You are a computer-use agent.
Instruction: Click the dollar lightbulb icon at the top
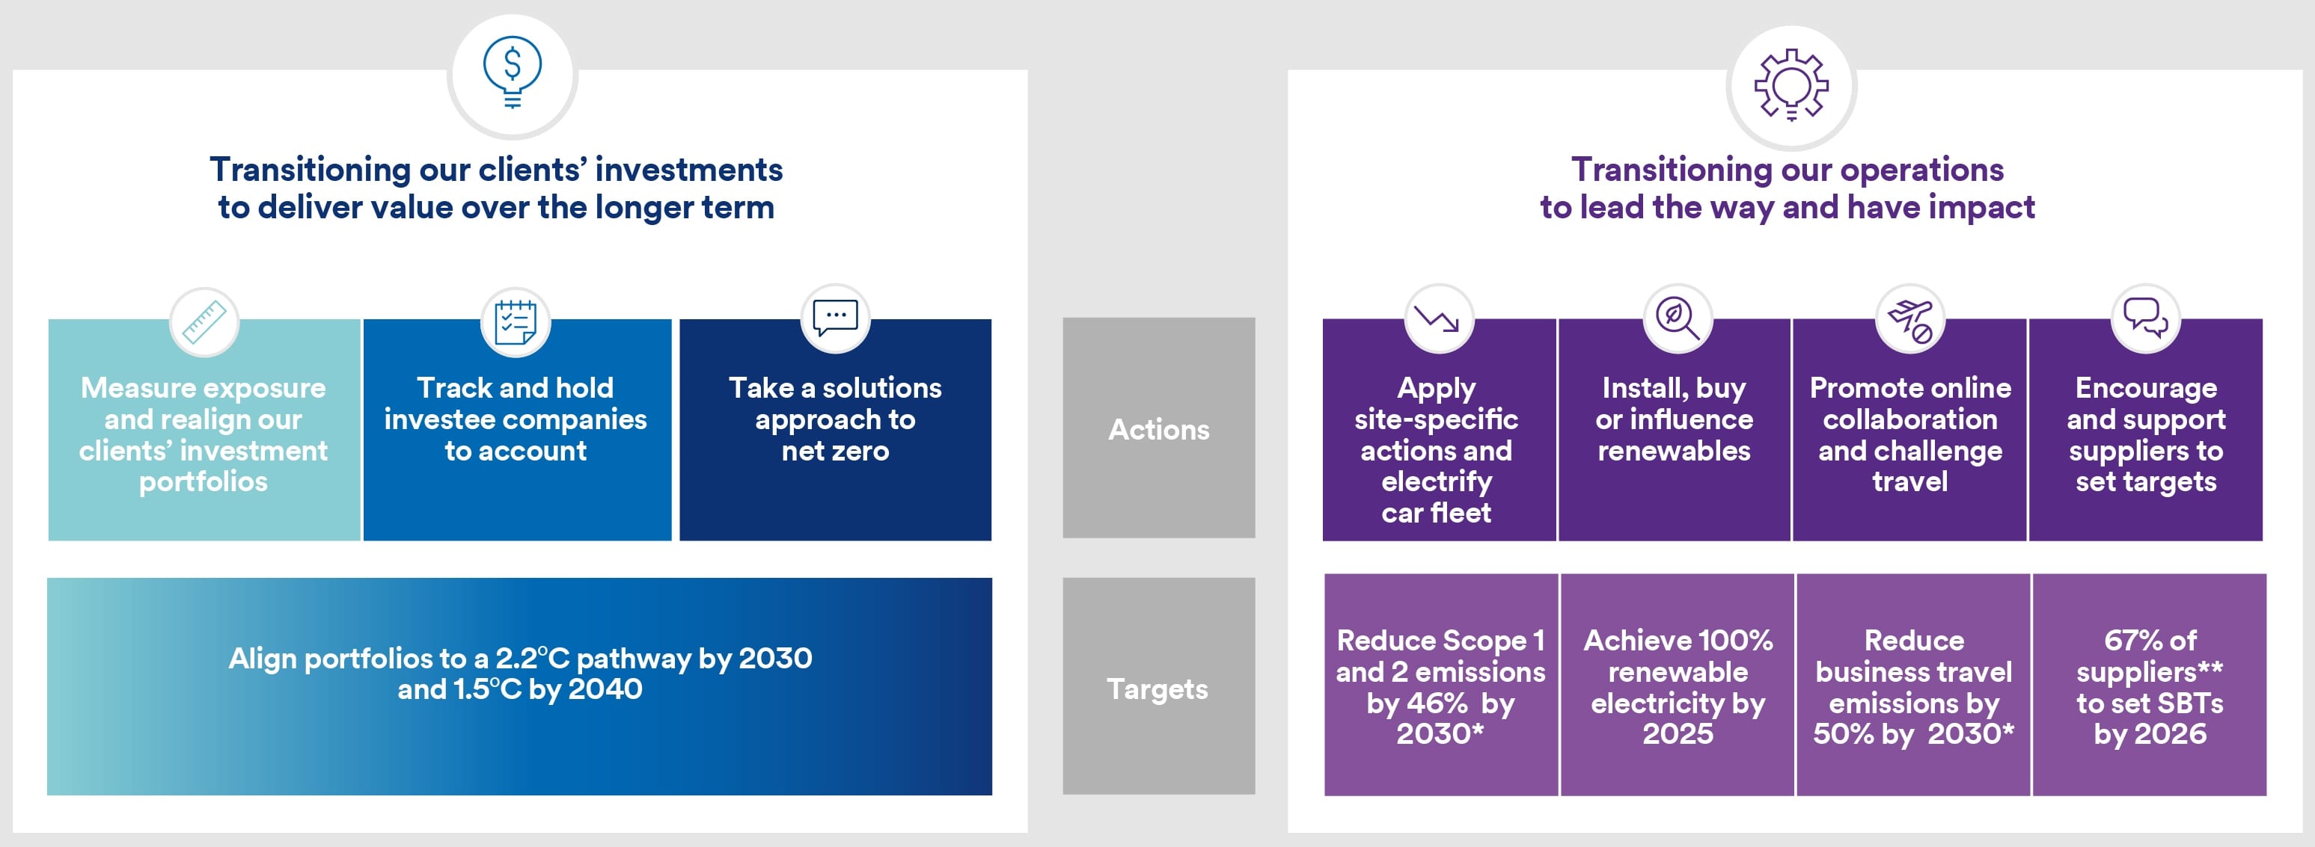513,73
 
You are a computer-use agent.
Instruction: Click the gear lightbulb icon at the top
1791,84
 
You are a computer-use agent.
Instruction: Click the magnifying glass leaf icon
1676,318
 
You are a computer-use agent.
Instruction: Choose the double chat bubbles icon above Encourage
2146,318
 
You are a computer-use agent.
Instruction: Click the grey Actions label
1158,428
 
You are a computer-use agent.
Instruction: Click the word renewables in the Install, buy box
1675,450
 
